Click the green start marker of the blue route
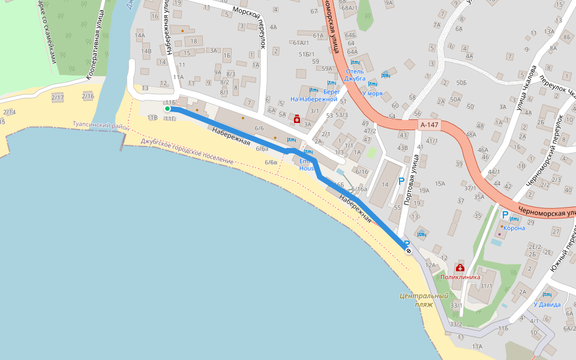click(x=167, y=109)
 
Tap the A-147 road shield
click(x=429, y=125)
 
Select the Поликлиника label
click(x=461, y=277)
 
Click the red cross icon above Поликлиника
click(x=460, y=268)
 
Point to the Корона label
click(x=515, y=228)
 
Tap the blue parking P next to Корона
click(x=505, y=215)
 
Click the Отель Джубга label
click(x=355, y=74)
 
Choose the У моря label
click(x=372, y=93)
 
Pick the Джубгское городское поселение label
click(x=187, y=151)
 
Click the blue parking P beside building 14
click(x=401, y=181)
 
